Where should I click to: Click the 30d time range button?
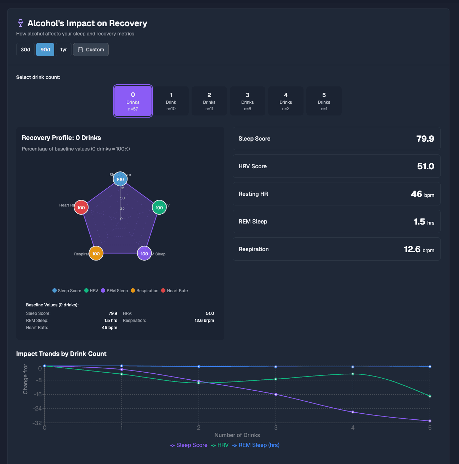[25, 50]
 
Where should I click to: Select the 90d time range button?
[45, 50]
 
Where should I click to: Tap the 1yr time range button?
[63, 50]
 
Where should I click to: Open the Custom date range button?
[91, 50]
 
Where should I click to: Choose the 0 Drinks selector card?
[133, 101]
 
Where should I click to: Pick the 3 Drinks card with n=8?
[248, 101]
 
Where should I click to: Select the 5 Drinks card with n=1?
[324, 101]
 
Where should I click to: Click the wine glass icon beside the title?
[20, 23]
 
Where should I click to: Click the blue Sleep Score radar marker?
[120, 179]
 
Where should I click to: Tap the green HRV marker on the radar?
[159, 208]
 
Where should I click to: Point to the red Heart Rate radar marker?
[81, 208]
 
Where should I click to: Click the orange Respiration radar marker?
[96, 254]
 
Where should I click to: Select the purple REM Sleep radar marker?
[144, 254]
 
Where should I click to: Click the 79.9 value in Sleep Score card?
[425, 139]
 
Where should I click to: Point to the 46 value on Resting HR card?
[416, 194]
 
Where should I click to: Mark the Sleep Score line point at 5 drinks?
[430, 421]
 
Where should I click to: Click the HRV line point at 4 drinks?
[353, 374]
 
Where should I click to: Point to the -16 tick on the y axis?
[37, 395]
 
